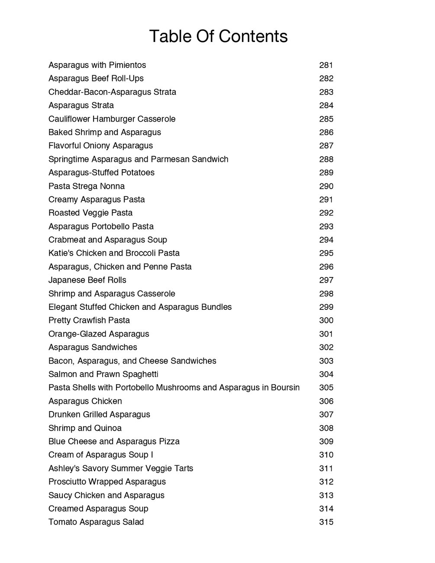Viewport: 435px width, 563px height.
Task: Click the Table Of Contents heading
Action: (218, 36)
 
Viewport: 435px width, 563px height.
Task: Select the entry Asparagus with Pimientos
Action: (97, 65)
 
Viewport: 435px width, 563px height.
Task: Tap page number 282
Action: (326, 79)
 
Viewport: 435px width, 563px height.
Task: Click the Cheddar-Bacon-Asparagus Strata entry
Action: (112, 92)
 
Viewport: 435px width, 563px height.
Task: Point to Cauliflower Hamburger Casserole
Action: (112, 119)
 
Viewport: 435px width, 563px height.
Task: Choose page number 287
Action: (326, 146)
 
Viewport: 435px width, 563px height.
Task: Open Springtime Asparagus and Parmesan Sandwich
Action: (138, 159)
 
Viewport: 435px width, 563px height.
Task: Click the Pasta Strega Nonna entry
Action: (87, 186)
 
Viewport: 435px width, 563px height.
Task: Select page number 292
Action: (326, 213)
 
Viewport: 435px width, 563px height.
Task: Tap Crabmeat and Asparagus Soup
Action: (107, 240)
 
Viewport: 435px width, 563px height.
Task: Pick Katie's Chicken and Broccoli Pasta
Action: (114, 253)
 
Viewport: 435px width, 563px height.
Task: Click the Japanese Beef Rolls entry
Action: (87, 280)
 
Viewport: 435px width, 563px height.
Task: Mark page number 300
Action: (326, 321)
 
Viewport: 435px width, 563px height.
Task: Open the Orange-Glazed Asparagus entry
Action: (99, 334)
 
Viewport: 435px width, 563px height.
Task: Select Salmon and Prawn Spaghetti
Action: (106, 374)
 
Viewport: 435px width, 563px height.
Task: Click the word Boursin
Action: (285, 388)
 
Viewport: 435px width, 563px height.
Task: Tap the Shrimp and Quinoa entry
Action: (85, 428)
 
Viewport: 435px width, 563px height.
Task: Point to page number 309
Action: (326, 441)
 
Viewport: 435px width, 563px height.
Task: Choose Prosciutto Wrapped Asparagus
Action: (107, 482)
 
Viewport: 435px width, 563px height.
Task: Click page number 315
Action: (326, 522)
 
